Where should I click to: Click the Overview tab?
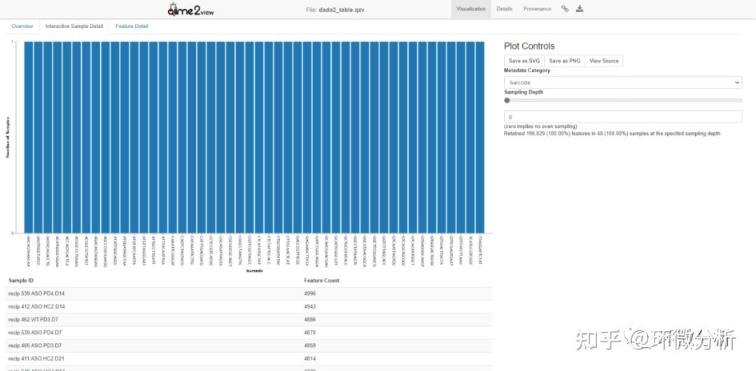coord(22,27)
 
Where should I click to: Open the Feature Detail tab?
coord(132,27)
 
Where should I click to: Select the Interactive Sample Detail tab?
coord(74,27)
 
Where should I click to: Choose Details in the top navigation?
coord(504,9)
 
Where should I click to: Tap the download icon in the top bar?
coord(580,9)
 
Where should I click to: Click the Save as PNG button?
coord(565,61)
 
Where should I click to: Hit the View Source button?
coord(603,61)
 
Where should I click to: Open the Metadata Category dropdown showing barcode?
coord(622,83)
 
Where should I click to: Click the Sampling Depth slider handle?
coord(507,100)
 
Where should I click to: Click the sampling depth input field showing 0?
coord(622,117)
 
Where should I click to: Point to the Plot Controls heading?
coord(528,46)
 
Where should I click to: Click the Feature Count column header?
coord(321,280)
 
